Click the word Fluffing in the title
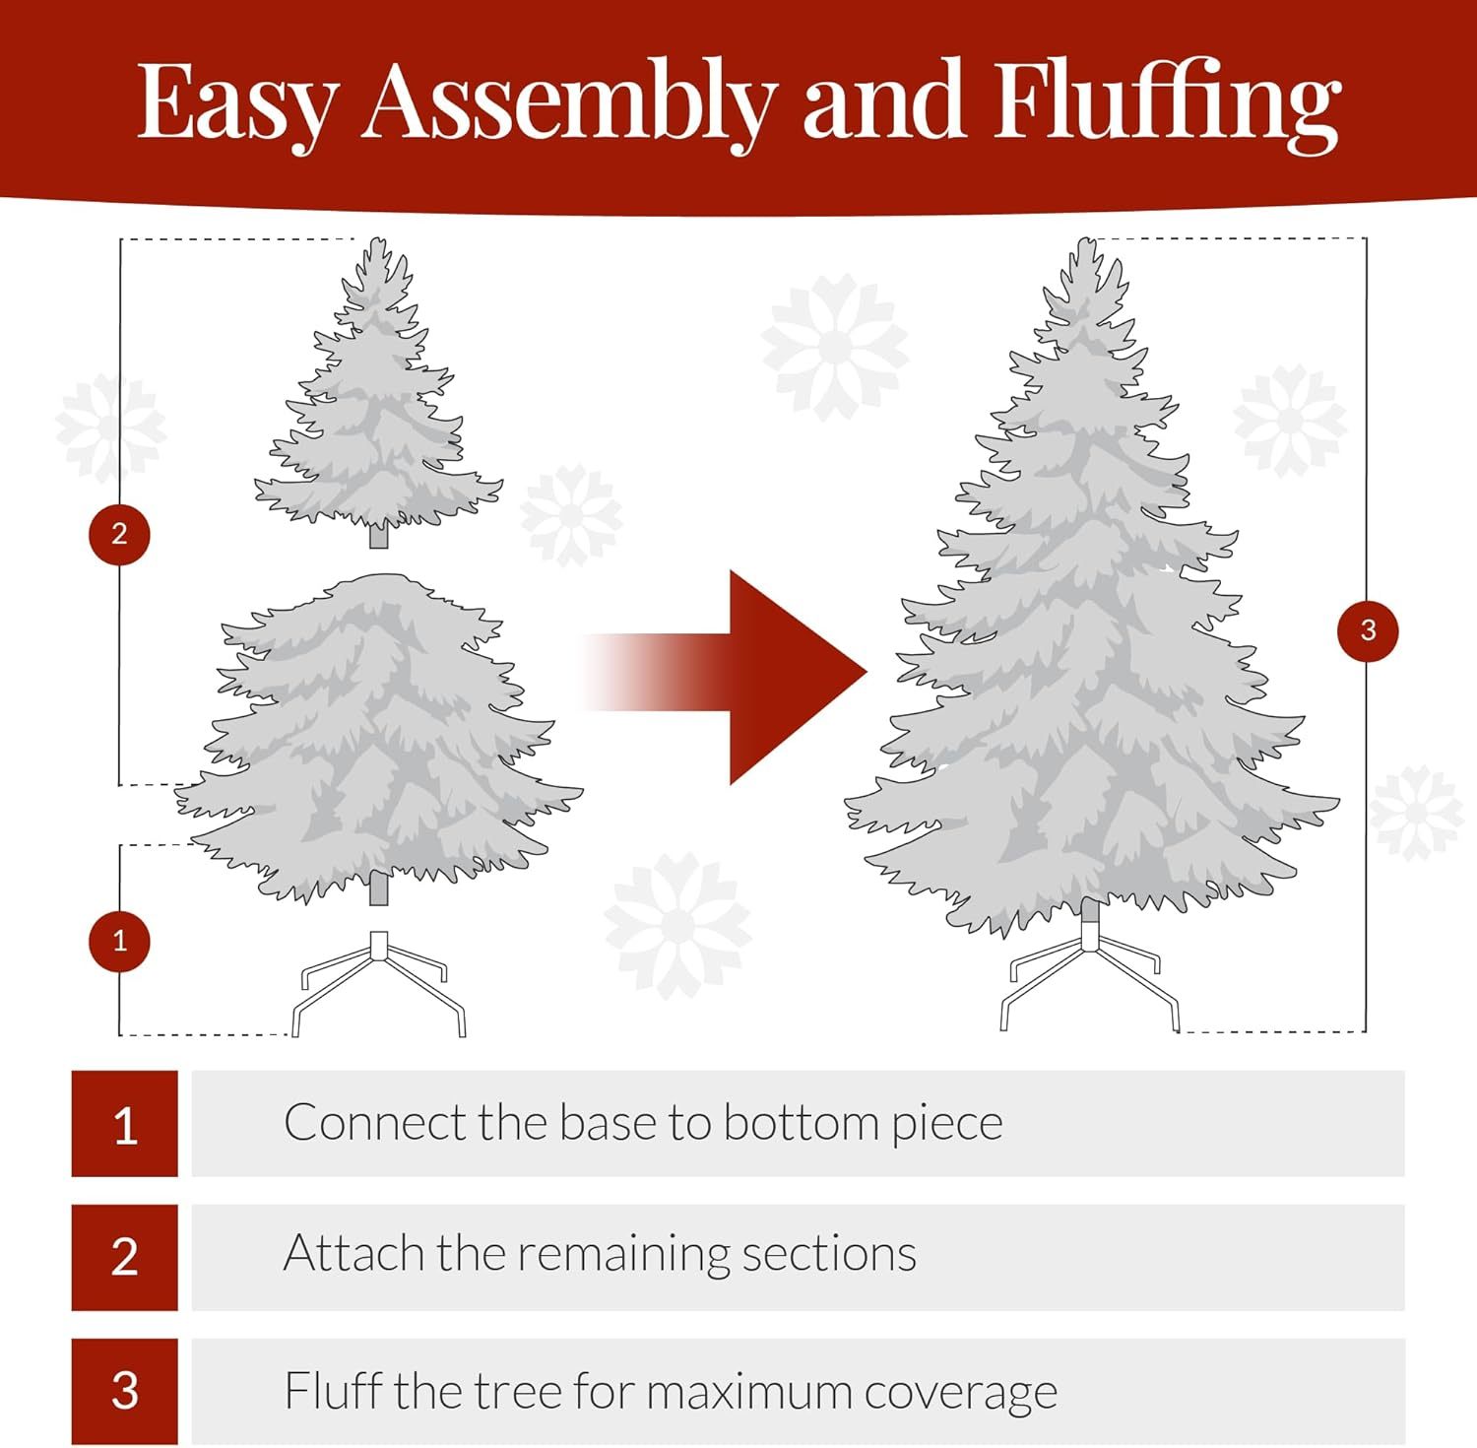[1166, 103]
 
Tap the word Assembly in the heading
[568, 103]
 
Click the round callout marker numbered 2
[119, 534]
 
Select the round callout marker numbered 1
[119, 941]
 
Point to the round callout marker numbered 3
[1368, 630]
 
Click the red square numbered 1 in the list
[124, 1124]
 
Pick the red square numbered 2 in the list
[124, 1257]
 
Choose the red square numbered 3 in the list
[124, 1391]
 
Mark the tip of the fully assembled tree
[1085, 243]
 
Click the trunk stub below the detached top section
[378, 537]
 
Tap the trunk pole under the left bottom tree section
[378, 890]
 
